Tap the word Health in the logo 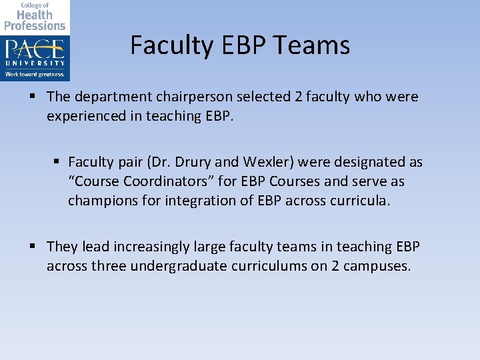click(x=34, y=15)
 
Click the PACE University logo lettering click(x=35, y=49)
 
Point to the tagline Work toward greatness click(x=35, y=74)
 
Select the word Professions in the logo click(x=35, y=26)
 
